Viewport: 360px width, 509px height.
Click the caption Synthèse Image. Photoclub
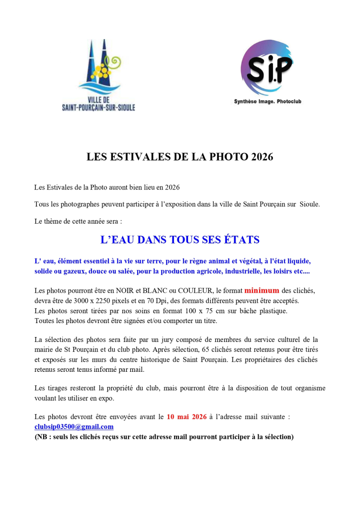268,102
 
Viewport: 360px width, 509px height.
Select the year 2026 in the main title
263,157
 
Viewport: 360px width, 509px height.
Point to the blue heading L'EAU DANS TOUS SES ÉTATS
180,240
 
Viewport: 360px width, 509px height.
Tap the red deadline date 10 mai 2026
186,417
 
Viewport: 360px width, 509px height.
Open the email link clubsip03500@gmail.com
74,426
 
